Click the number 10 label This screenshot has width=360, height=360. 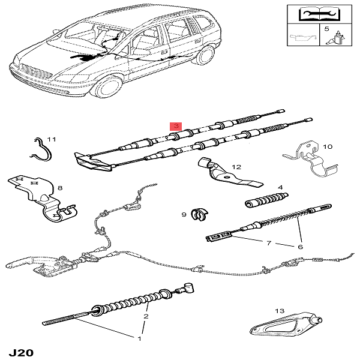[327, 146]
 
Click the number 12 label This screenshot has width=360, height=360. [236, 167]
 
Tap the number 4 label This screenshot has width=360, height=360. [280, 187]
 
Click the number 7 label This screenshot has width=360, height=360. [268, 243]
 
